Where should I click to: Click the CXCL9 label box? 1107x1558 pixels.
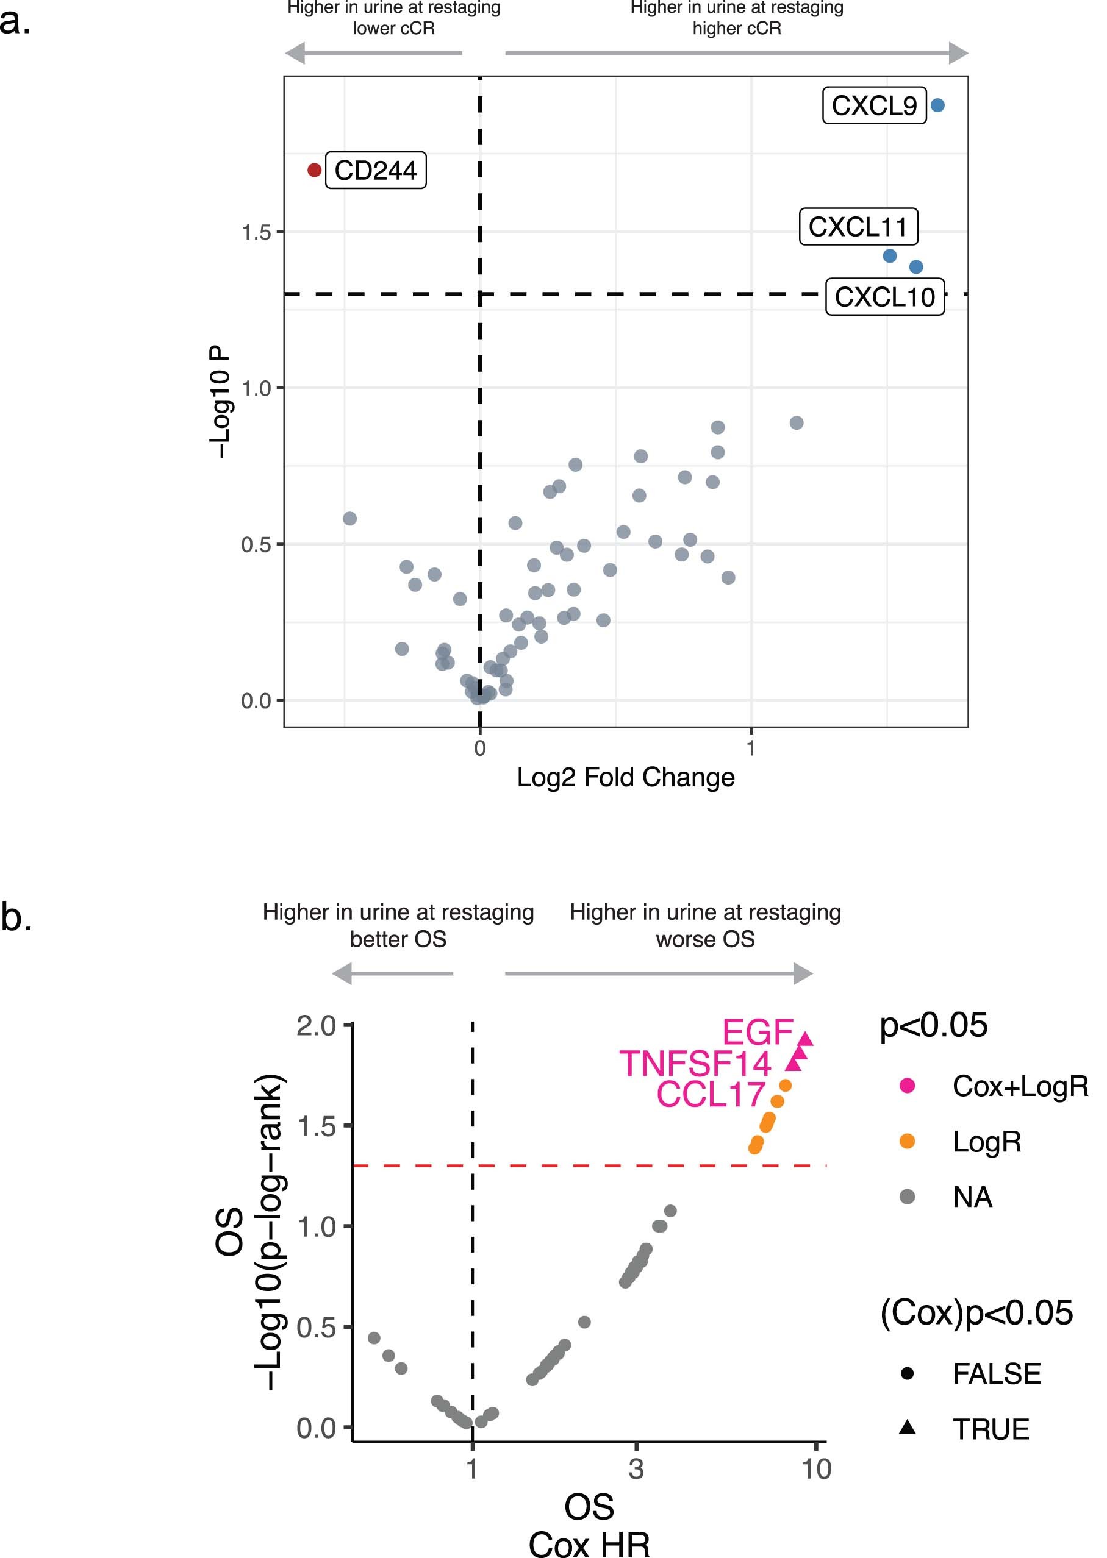(x=874, y=105)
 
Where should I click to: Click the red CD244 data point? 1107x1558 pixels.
(x=314, y=169)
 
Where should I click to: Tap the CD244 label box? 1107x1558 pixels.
(x=376, y=170)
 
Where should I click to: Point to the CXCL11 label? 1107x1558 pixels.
(x=858, y=227)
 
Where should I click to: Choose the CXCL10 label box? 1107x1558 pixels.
(x=884, y=297)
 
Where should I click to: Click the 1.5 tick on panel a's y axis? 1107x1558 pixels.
(x=257, y=232)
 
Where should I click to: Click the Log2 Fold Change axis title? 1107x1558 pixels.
(x=625, y=777)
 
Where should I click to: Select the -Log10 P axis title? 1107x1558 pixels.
(x=220, y=402)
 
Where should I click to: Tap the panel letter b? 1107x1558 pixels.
(x=16, y=917)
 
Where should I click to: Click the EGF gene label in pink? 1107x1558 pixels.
(x=758, y=1032)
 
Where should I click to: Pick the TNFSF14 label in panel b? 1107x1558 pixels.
(x=694, y=1064)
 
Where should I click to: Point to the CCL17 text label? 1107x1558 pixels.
(x=711, y=1094)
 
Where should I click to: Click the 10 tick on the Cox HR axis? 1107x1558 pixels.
(x=816, y=1470)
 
